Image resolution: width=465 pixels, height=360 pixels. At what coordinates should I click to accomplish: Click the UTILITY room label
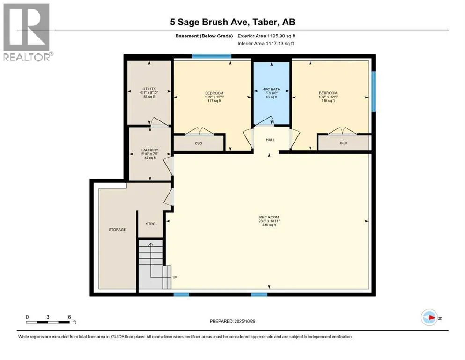pyautogui.click(x=149, y=89)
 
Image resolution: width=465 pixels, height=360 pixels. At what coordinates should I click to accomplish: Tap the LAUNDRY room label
pyautogui.click(x=150, y=150)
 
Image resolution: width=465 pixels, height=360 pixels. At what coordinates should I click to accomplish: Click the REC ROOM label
pyautogui.click(x=269, y=217)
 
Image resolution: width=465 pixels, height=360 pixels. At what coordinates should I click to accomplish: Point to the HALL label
pyautogui.click(x=270, y=140)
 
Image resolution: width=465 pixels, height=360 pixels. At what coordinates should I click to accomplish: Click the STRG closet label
pyautogui.click(x=150, y=224)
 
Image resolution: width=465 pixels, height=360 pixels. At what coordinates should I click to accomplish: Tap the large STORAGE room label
pyautogui.click(x=117, y=229)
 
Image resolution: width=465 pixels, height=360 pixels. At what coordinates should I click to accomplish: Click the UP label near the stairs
pyautogui.click(x=175, y=277)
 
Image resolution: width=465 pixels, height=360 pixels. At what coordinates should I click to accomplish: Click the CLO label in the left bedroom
pyautogui.click(x=198, y=143)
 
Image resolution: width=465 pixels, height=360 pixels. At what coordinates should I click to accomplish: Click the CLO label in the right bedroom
pyautogui.click(x=343, y=143)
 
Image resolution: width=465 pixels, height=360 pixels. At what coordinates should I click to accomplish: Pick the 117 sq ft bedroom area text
pyautogui.click(x=214, y=101)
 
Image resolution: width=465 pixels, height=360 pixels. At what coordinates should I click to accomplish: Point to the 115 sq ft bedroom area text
pyautogui.click(x=328, y=101)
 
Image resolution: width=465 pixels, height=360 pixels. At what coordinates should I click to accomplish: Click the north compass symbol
pyautogui.click(x=429, y=318)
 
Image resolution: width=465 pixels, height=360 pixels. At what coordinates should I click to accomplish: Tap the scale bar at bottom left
pyautogui.click(x=48, y=322)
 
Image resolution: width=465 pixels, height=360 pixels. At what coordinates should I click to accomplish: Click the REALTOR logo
pyautogui.click(x=27, y=31)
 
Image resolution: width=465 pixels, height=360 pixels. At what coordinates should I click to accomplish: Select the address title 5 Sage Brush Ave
pyautogui.click(x=232, y=22)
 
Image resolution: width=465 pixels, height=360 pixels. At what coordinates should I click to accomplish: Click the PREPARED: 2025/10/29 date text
pyautogui.click(x=233, y=321)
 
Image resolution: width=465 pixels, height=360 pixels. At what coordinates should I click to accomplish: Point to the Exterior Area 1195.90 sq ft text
pyautogui.click(x=266, y=36)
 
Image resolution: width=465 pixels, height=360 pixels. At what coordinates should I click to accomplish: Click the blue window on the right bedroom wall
pyautogui.click(x=374, y=91)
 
